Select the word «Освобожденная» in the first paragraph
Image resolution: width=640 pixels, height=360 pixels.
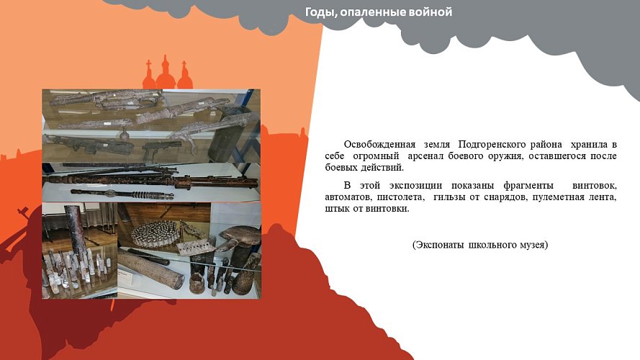tap(379, 144)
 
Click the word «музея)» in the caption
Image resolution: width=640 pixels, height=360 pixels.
tap(533, 245)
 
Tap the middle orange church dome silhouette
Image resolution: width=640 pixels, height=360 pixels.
tap(166, 72)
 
